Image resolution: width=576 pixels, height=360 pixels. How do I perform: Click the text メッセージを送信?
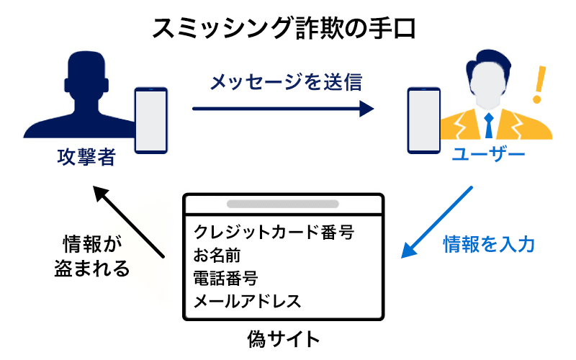(x=285, y=81)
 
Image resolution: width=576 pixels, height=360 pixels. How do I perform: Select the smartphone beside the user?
(x=423, y=120)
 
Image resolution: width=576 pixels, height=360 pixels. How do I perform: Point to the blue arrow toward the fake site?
(x=436, y=222)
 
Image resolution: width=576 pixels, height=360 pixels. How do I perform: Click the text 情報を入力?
(x=489, y=245)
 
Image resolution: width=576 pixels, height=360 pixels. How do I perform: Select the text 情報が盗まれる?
(x=92, y=255)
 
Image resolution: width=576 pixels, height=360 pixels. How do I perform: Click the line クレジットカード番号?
(x=274, y=233)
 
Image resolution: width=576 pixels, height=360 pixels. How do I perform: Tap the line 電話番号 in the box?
(x=225, y=278)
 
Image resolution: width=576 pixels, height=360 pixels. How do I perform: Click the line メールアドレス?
(x=247, y=300)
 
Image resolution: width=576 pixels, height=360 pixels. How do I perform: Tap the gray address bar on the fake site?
(x=283, y=204)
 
